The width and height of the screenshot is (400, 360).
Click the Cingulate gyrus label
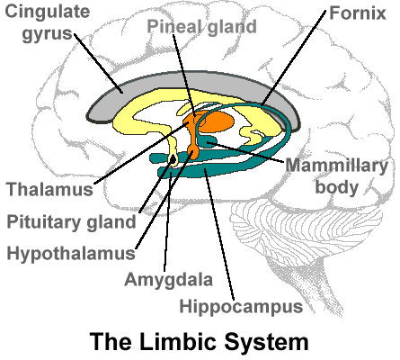[x=48, y=22]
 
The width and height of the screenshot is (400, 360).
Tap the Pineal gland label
[x=201, y=27]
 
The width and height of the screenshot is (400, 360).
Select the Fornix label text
[x=358, y=13]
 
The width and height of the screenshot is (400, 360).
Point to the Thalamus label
[x=49, y=189]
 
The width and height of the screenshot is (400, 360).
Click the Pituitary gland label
[x=71, y=222]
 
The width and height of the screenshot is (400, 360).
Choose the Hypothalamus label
[x=71, y=254]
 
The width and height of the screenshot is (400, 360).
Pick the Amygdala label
[x=168, y=280]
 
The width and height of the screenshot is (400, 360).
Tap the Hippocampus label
[x=241, y=307]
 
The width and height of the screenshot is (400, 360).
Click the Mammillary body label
[x=336, y=176]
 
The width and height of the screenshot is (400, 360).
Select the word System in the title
[x=266, y=342]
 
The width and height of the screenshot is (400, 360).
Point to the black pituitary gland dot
[x=173, y=159]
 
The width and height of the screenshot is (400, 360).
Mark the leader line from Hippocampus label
[x=219, y=235]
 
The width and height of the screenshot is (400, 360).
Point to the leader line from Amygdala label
[x=167, y=221]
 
